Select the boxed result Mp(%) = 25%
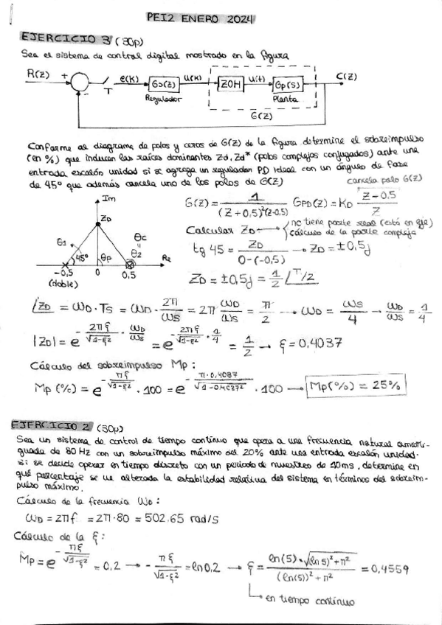point(356,385)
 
